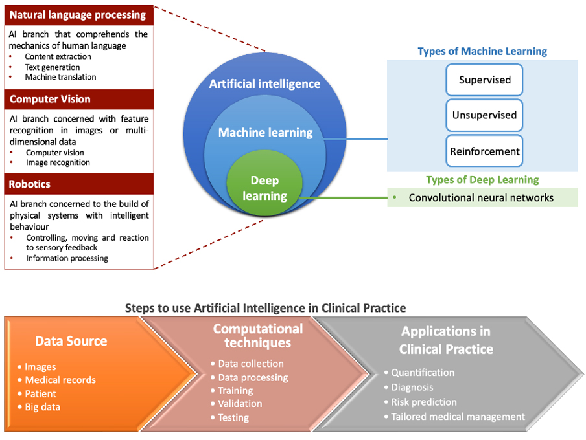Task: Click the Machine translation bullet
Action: pos(60,77)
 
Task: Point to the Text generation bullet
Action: pos(53,67)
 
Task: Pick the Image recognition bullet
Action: pos(58,162)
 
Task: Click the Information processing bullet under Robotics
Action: pos(67,258)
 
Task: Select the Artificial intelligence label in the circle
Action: pos(264,83)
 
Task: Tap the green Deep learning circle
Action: pos(264,188)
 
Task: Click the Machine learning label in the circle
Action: pos(265,133)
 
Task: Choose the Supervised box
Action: pos(484,80)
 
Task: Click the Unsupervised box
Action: pos(484,115)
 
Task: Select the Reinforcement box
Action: pos(484,151)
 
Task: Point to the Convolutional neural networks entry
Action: pos(481,197)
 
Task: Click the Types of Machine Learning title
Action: pos(482,51)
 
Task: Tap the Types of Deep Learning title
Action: pos(482,180)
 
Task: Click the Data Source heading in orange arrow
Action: pos(71,341)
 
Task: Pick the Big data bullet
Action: pos(42,406)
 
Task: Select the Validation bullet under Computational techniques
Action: pos(240,404)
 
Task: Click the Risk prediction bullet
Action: pos(424,402)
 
